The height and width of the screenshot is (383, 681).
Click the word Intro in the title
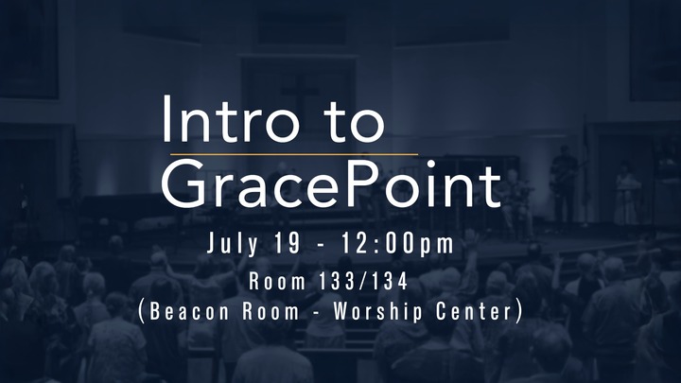point(231,118)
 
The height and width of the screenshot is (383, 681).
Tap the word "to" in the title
point(357,123)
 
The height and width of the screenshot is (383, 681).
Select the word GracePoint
point(332,183)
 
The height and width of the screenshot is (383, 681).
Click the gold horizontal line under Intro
point(294,154)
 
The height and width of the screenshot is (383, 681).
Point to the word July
point(232,244)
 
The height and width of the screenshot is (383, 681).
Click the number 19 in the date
point(288,243)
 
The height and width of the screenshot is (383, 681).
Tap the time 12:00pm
point(397,244)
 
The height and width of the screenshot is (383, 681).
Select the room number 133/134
point(363,281)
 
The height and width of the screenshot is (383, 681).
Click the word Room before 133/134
point(277,282)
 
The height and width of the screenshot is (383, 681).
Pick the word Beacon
point(189,311)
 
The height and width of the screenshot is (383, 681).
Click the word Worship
point(377,312)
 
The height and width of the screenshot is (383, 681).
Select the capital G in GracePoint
point(183,183)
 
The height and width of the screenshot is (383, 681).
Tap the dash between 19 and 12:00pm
point(321,245)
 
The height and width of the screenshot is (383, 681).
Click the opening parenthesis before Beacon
point(141,312)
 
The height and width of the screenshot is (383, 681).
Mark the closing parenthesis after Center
point(518,312)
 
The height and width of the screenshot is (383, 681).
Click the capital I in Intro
point(166,118)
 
